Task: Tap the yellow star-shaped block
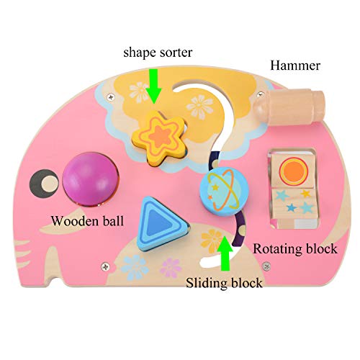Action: (159, 138)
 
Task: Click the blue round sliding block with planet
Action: (224, 191)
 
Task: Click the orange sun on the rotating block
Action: (294, 170)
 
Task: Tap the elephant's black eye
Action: (45, 184)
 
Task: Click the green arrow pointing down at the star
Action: (153, 86)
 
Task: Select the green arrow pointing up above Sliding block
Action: (224, 253)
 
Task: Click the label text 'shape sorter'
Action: (158, 53)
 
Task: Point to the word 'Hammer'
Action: (295, 66)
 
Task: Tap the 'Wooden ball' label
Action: (87, 221)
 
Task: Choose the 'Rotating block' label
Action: (295, 248)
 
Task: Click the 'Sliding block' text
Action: (224, 283)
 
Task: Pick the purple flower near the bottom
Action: (171, 267)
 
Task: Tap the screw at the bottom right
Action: (266, 266)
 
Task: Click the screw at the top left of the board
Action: (111, 97)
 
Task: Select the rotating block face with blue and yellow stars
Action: (293, 202)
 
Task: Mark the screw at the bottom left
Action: (105, 266)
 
